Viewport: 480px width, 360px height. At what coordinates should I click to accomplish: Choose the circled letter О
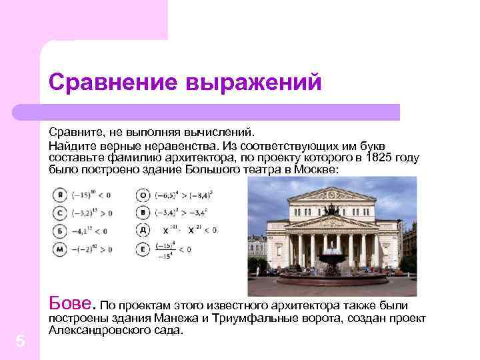point(142,195)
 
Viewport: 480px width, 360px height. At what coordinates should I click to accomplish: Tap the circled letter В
point(142,213)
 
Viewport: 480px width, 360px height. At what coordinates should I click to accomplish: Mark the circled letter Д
point(142,231)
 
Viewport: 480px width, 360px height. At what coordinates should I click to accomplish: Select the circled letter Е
point(142,249)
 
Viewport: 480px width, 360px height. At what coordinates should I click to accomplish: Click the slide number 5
point(20,341)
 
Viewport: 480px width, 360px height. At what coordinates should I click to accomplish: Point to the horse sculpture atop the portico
point(331,209)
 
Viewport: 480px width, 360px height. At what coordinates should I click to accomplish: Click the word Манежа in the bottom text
point(175,317)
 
